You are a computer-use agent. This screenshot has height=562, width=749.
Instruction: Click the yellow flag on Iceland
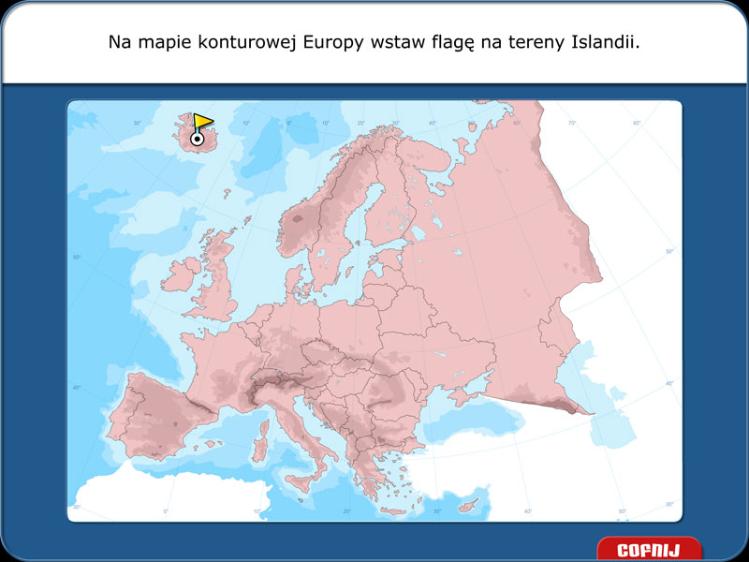point(203,122)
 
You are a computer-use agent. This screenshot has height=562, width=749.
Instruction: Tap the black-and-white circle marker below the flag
point(197,139)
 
